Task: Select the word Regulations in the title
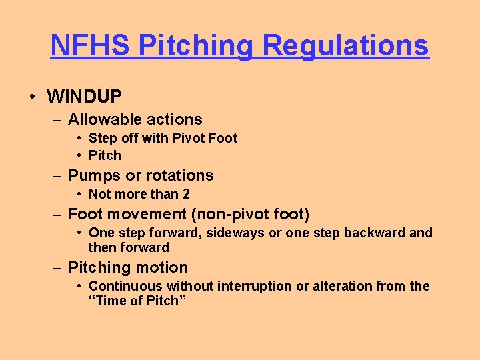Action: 345,45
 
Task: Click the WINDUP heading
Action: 84,97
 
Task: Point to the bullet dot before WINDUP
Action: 32,97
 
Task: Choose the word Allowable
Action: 101,120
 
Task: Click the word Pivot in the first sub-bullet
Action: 189,139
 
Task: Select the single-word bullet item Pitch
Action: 105,156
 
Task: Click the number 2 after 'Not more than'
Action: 186,195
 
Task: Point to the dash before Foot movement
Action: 58,215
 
